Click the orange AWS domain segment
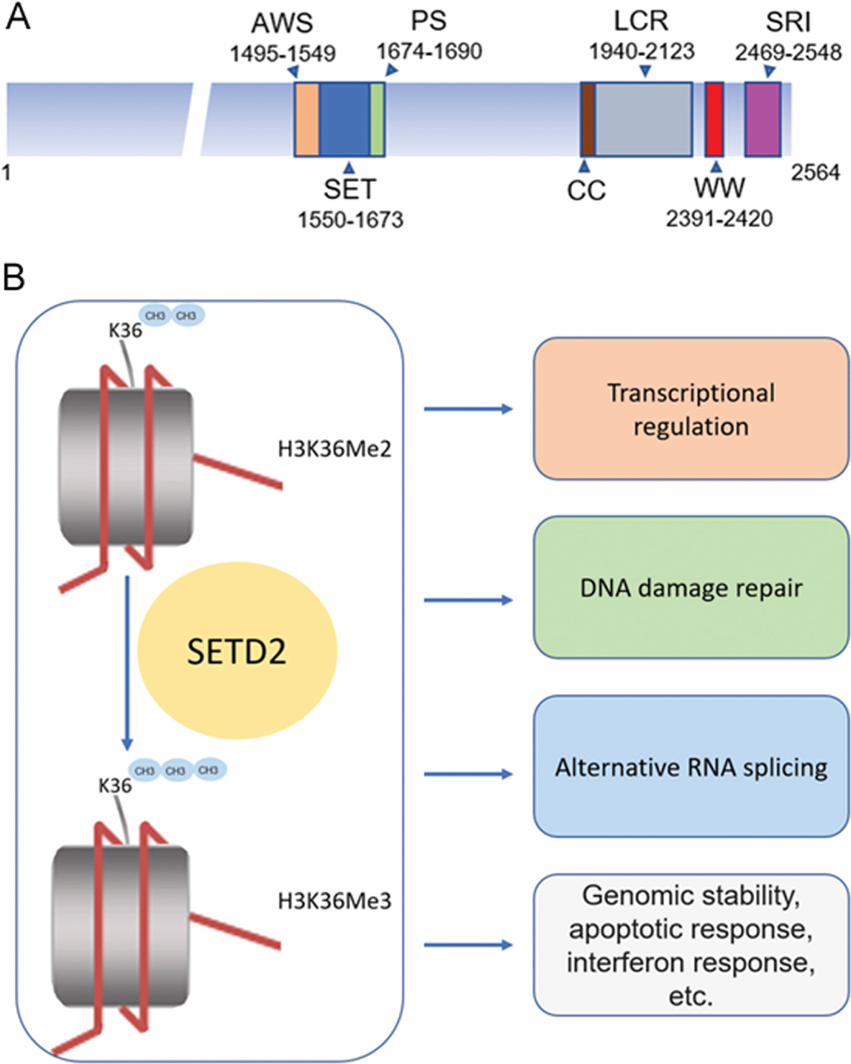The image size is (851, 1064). [307, 119]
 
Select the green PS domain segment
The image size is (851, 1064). [377, 119]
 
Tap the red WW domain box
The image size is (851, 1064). [714, 119]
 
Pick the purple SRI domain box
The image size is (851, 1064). [763, 119]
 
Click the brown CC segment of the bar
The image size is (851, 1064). [588, 119]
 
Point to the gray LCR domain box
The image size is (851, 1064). [643, 119]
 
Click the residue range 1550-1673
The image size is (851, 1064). [351, 220]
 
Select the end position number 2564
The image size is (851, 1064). [815, 173]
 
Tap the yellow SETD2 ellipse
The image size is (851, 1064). [237, 651]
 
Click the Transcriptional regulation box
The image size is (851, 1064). [691, 409]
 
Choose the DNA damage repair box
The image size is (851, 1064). [691, 588]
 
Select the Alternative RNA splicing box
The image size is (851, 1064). [691, 766]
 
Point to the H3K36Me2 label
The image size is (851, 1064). [334, 449]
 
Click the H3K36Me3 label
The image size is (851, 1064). [334, 901]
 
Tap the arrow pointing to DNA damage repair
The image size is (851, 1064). [468, 600]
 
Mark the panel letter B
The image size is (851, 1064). [14, 278]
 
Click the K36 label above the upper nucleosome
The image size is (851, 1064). [125, 330]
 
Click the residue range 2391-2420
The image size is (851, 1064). [719, 219]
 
